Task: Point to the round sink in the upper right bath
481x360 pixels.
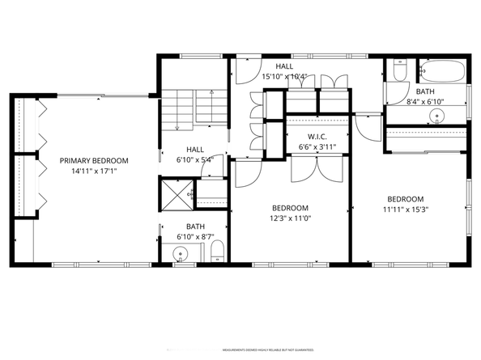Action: pyautogui.click(x=437, y=116)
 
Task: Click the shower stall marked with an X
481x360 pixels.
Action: pyautogui.click(x=175, y=193)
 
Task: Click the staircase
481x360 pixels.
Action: pyautogui.click(x=183, y=109)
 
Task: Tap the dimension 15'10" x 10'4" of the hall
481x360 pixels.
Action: pyautogui.click(x=283, y=77)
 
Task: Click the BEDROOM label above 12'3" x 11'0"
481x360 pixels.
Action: pyautogui.click(x=289, y=207)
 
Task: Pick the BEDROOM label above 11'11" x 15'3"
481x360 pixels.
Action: pyautogui.click(x=405, y=199)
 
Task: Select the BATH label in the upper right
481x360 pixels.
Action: pyautogui.click(x=425, y=92)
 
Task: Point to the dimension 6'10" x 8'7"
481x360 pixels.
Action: pyautogui.click(x=195, y=235)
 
